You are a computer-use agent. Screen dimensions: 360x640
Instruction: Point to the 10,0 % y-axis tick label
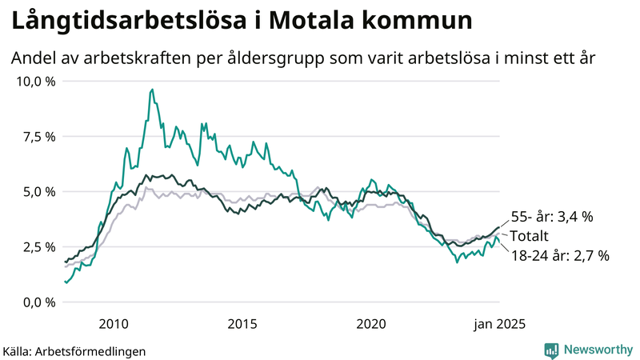35,82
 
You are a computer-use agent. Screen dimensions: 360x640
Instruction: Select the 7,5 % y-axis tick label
38,137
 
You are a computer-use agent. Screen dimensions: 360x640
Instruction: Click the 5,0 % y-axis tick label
38,192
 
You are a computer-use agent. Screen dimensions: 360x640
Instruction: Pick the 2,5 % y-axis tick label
38,247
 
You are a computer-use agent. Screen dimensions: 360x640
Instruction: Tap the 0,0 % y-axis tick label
38,302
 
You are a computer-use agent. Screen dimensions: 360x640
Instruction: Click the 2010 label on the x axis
114,323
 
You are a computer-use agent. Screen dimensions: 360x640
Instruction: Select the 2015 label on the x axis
242,323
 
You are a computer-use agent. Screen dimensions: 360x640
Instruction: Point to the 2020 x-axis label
371,323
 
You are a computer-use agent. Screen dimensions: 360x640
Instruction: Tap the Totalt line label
529,237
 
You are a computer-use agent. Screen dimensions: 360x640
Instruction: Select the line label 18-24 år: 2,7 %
560,256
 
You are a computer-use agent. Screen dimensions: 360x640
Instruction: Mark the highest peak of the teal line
152,90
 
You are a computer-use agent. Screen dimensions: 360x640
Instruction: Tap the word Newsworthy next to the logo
597,350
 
